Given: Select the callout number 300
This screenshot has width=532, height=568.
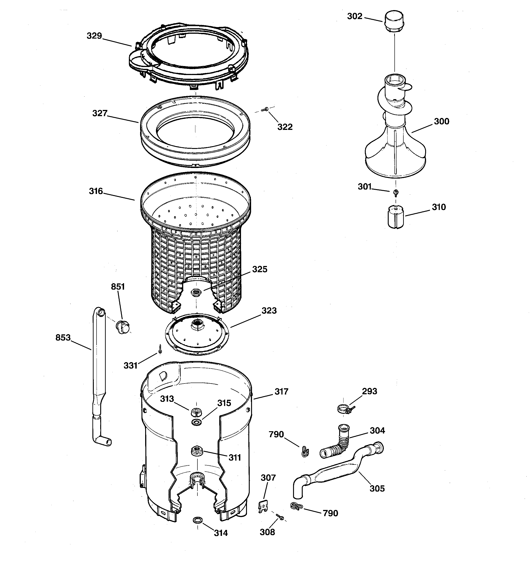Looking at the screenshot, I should pyautogui.click(x=441, y=121).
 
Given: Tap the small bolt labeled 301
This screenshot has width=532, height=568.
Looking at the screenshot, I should pyautogui.click(x=396, y=193).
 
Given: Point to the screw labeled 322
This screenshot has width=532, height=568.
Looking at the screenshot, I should pyautogui.click(x=266, y=109).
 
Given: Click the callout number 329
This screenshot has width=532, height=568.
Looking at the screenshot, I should pyautogui.click(x=94, y=36).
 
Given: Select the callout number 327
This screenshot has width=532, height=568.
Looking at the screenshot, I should pyautogui.click(x=100, y=113).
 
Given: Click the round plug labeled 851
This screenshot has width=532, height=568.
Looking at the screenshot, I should pyautogui.click(x=122, y=327).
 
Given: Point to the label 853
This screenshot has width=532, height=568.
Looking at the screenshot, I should pyautogui.click(x=63, y=338).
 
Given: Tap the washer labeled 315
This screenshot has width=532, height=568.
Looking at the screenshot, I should pyautogui.click(x=196, y=422).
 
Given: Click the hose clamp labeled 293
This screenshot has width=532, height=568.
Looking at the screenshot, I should pyautogui.click(x=344, y=409).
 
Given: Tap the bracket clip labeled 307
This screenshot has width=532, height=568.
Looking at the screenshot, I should pyautogui.click(x=263, y=506).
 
